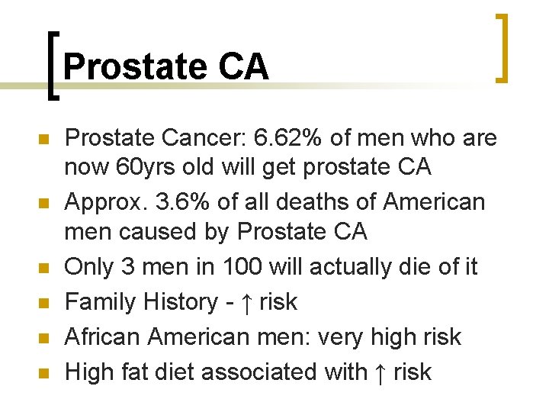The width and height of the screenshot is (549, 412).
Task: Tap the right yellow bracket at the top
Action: pos(502,47)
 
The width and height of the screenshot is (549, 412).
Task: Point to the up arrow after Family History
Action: pos(247,302)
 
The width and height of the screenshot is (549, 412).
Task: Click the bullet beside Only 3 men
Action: pos(43,268)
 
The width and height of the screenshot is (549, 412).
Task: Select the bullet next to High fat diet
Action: pos(43,373)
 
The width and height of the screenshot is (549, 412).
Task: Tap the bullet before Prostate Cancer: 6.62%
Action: pos(43,140)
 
